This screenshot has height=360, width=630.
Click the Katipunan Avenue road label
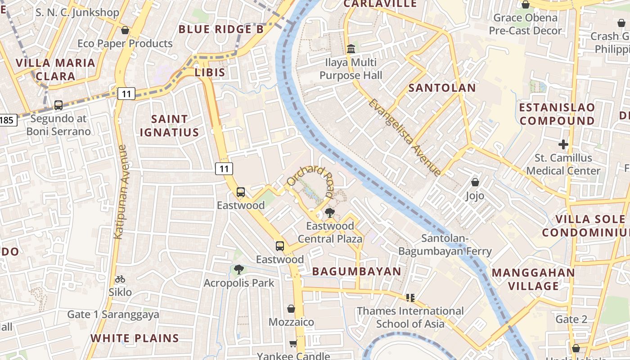[120, 191]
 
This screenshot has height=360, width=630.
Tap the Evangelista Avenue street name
[404, 137]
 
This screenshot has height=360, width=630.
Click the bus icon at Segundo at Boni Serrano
[58, 105]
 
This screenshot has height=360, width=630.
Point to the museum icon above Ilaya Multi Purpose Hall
[351, 49]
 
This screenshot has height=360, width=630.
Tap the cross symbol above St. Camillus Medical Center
[563, 144]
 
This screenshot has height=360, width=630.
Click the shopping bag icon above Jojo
[475, 182]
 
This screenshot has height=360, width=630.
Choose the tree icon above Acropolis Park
[239, 270]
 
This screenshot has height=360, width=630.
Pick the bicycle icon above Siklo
[120, 279]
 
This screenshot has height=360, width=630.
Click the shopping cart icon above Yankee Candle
[293, 344]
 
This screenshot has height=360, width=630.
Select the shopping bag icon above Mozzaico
[291, 309]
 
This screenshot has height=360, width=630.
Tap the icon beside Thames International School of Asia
[410, 297]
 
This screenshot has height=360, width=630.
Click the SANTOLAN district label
[442, 88]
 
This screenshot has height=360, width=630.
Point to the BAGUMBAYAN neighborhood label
[356, 271]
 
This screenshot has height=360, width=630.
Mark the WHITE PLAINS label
[135, 338]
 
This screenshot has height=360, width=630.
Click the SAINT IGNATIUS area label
[169, 126]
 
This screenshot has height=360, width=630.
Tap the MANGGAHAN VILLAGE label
[533, 279]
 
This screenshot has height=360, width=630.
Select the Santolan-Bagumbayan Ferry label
[457, 245]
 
